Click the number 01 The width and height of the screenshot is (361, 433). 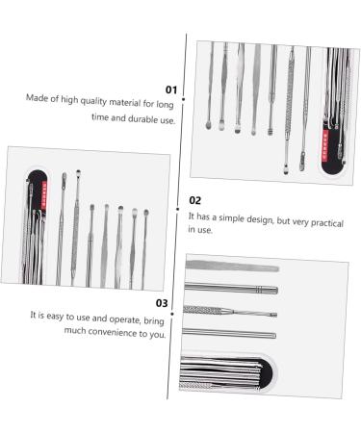172,89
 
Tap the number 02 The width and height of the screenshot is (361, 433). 195,200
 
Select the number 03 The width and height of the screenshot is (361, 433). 163,302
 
